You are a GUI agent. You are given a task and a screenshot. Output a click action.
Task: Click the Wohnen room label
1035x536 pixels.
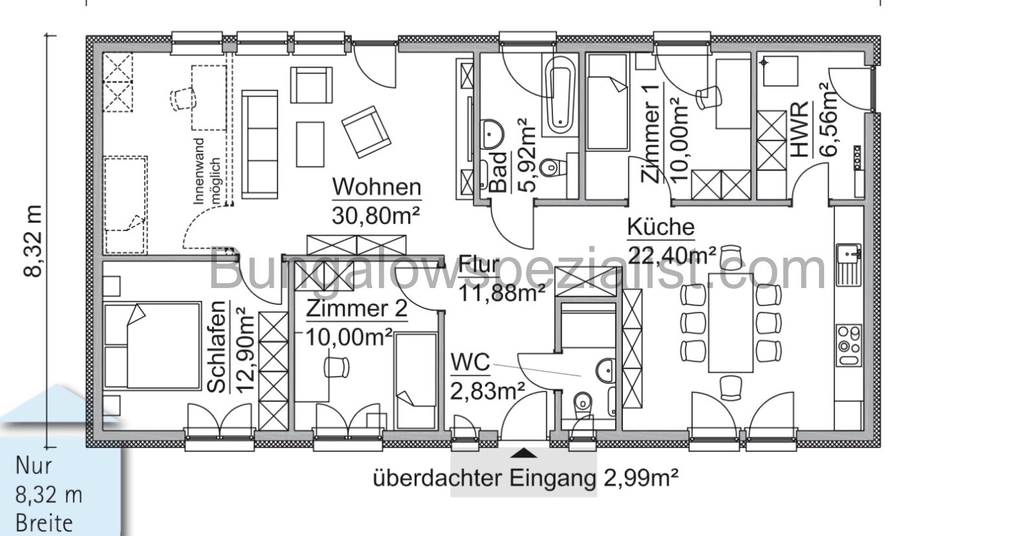[x=376, y=187]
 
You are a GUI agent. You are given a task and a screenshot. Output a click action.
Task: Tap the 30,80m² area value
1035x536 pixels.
[x=376, y=215]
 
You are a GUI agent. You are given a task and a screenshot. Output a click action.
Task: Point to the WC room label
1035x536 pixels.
[x=470, y=363]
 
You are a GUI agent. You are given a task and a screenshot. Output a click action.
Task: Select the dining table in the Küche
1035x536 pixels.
[x=731, y=322]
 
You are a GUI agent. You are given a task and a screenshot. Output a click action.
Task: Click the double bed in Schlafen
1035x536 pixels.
[x=153, y=344]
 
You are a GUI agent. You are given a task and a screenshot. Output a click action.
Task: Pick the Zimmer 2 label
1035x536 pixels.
[x=356, y=309]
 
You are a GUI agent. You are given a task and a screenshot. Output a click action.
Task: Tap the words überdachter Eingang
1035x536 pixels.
[x=483, y=479]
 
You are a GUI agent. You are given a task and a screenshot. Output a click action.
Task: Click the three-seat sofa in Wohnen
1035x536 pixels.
[x=260, y=144]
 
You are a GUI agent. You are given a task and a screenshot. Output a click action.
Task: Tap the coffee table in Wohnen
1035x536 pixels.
[x=310, y=144]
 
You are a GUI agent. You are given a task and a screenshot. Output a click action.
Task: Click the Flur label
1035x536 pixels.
[x=479, y=265]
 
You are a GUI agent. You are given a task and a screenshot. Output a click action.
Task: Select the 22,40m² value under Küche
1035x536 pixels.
[x=671, y=255]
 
